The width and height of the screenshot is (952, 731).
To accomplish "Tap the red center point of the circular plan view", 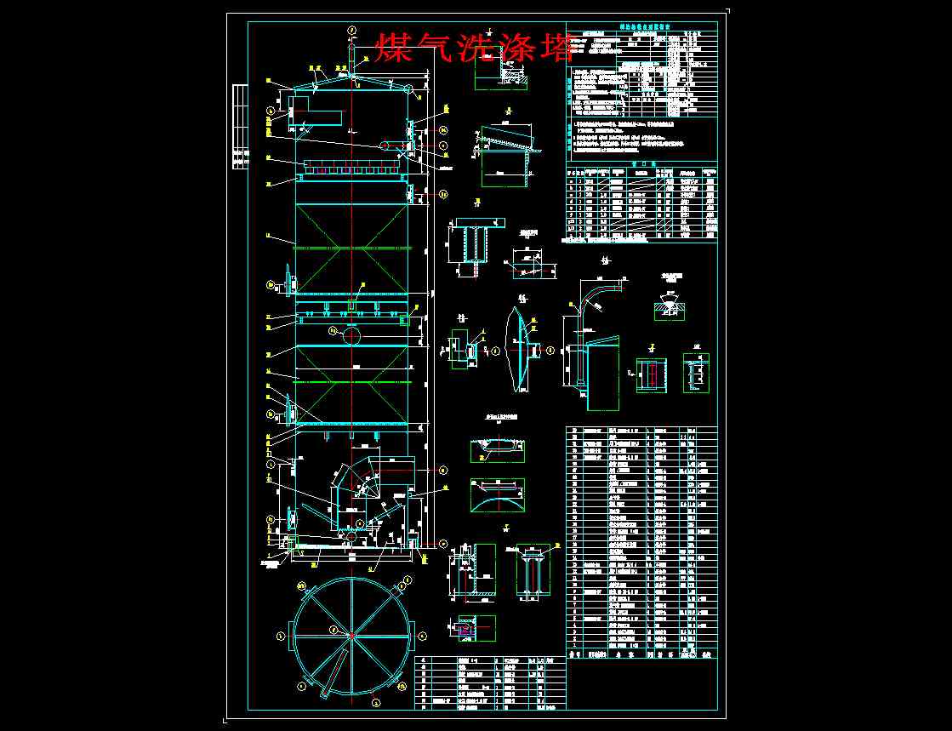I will pyautogui.click(x=351, y=634).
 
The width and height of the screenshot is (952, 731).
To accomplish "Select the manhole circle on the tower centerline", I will pyautogui.click(x=351, y=335).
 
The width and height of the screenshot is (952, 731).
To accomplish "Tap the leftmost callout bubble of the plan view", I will pyautogui.click(x=281, y=635).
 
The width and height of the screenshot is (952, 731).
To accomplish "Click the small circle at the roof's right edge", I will pyautogui.click(x=408, y=89).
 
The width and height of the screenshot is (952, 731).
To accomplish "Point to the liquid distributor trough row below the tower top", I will pyautogui.click(x=351, y=168).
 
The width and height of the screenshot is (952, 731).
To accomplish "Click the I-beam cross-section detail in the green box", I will pyautogui.click(x=649, y=374).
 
